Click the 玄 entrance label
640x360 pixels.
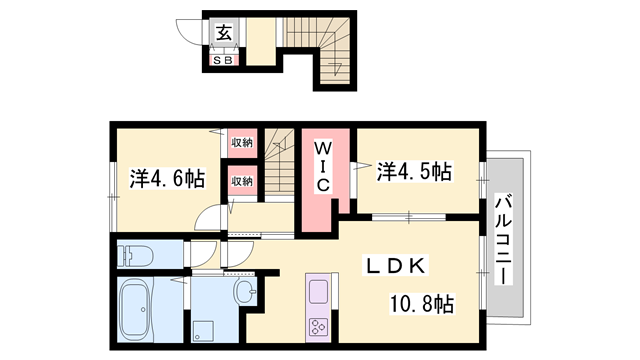(221, 33)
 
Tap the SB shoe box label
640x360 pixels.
(221, 60)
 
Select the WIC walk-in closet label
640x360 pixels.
(325, 167)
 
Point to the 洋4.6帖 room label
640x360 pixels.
(167, 179)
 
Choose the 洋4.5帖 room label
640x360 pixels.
(414, 171)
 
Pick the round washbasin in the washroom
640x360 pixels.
(246, 293)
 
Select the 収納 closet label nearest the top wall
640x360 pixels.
(242, 143)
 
